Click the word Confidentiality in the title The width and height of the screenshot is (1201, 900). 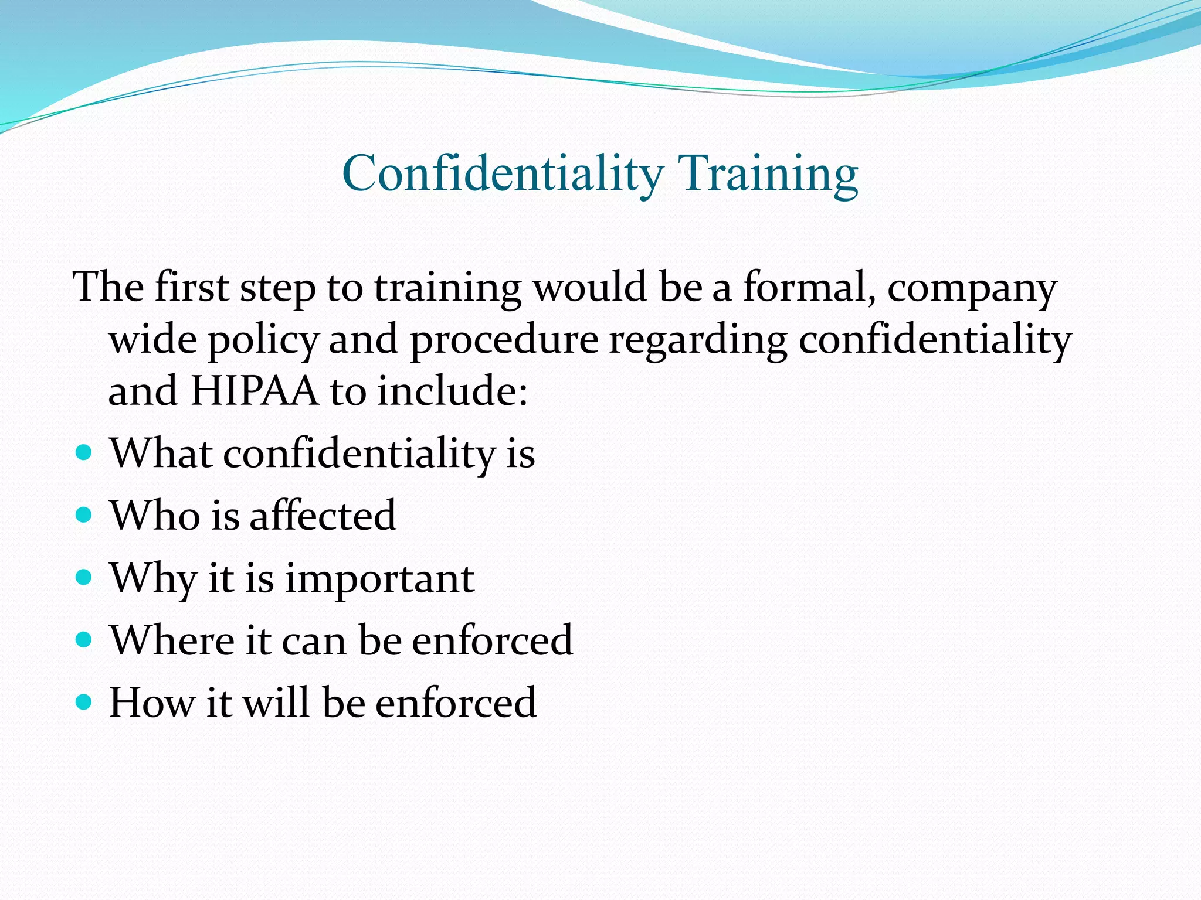[503, 173]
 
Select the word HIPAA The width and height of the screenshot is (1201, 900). [254, 391]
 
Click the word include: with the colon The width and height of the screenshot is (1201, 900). [452, 391]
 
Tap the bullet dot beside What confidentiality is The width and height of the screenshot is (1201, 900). [84, 452]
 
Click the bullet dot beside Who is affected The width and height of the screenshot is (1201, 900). [84, 514]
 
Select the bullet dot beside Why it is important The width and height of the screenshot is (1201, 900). [84, 577]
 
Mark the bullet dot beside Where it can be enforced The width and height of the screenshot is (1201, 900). [84, 639]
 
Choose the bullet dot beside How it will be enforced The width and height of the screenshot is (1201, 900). [84, 701]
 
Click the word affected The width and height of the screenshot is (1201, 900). [323, 515]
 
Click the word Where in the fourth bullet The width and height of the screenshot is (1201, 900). [172, 640]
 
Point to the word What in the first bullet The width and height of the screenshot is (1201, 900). [161, 453]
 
